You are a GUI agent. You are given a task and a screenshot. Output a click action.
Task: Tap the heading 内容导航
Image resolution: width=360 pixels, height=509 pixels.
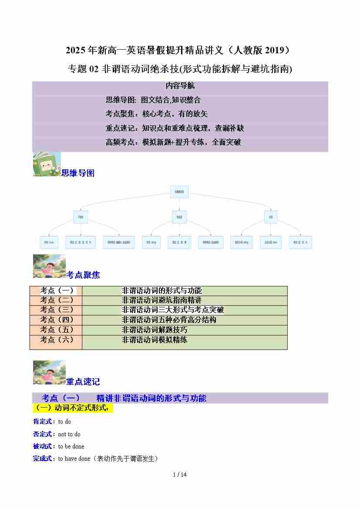tap(180, 86)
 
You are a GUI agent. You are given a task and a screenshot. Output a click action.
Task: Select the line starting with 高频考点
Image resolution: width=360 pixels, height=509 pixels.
tap(173, 142)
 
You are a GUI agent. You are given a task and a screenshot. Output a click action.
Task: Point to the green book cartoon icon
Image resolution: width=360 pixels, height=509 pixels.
tap(47, 164)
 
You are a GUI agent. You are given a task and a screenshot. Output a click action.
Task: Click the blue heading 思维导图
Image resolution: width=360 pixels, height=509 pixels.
tap(78, 173)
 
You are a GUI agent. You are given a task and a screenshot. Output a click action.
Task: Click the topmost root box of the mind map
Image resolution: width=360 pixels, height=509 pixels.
tap(179, 192)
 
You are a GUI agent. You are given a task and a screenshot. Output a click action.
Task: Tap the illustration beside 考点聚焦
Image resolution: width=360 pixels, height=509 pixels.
tap(49, 266)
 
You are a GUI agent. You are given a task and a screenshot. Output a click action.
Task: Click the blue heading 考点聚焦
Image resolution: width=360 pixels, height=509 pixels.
tap(83, 275)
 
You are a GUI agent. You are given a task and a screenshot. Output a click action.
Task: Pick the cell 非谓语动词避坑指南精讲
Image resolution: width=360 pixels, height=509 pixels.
tap(161, 300)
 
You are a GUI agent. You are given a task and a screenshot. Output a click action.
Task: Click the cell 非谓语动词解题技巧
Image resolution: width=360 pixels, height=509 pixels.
tap(155, 330)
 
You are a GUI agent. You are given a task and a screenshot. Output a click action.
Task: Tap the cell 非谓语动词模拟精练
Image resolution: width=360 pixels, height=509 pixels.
tap(155, 340)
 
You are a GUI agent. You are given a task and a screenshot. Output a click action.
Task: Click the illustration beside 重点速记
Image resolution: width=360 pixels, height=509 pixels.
tap(49, 373)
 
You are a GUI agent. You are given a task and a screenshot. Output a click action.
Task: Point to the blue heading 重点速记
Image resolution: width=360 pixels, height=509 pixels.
tap(83, 381)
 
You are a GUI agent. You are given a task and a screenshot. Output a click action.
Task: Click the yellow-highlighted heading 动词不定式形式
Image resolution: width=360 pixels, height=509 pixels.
tap(73, 408)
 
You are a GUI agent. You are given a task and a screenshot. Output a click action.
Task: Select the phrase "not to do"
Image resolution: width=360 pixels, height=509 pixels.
tap(69, 434)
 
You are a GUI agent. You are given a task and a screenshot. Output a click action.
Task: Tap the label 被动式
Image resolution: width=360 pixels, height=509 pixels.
tap(44, 446)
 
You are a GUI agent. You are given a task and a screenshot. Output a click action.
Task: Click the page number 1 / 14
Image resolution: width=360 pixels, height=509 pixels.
tap(180, 475)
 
